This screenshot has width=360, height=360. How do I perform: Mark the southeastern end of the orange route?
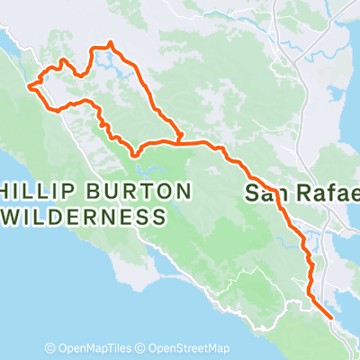(331, 318)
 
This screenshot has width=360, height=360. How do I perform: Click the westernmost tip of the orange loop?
(30, 86)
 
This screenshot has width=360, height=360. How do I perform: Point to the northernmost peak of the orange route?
(110, 42)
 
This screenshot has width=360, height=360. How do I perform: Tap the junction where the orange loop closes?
(180, 140)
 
